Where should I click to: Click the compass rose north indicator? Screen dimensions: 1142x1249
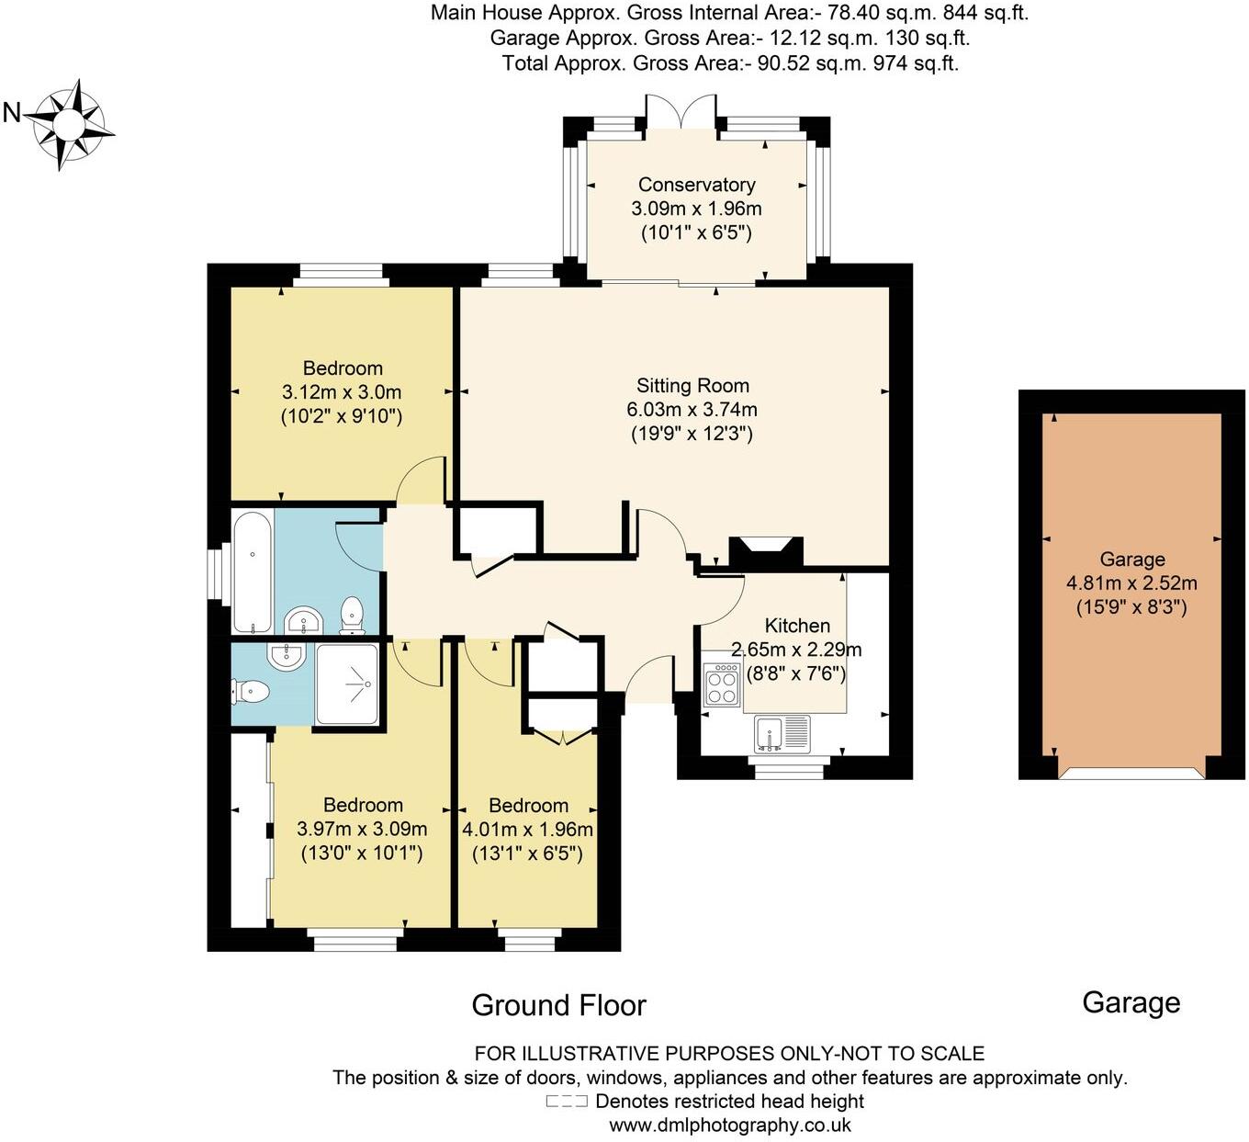pos(12,113)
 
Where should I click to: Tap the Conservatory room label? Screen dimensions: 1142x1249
pos(696,185)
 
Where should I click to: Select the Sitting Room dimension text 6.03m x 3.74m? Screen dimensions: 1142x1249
pos(692,410)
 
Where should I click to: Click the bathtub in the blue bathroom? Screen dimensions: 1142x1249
pos(251,571)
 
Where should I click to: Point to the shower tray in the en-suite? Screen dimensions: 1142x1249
pos(346,684)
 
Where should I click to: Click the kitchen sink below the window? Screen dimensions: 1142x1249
pos(782,734)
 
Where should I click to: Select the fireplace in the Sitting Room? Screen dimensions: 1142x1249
pos(765,550)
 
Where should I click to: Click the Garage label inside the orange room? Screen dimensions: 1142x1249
pos(1131,560)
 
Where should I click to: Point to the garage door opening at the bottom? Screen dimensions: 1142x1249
pos(1131,774)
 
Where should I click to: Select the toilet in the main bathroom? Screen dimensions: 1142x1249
pos(352,615)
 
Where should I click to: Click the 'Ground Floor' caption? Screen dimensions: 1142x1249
pos(558,1005)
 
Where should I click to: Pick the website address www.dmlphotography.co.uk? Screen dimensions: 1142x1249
pos(730,1125)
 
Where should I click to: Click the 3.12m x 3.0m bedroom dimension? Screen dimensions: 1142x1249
pos(342,392)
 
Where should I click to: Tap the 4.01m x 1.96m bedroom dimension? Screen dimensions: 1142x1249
pos(527,830)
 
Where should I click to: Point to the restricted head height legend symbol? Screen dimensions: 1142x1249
pos(567,1102)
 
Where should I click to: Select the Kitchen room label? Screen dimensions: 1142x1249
pos(797,626)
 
